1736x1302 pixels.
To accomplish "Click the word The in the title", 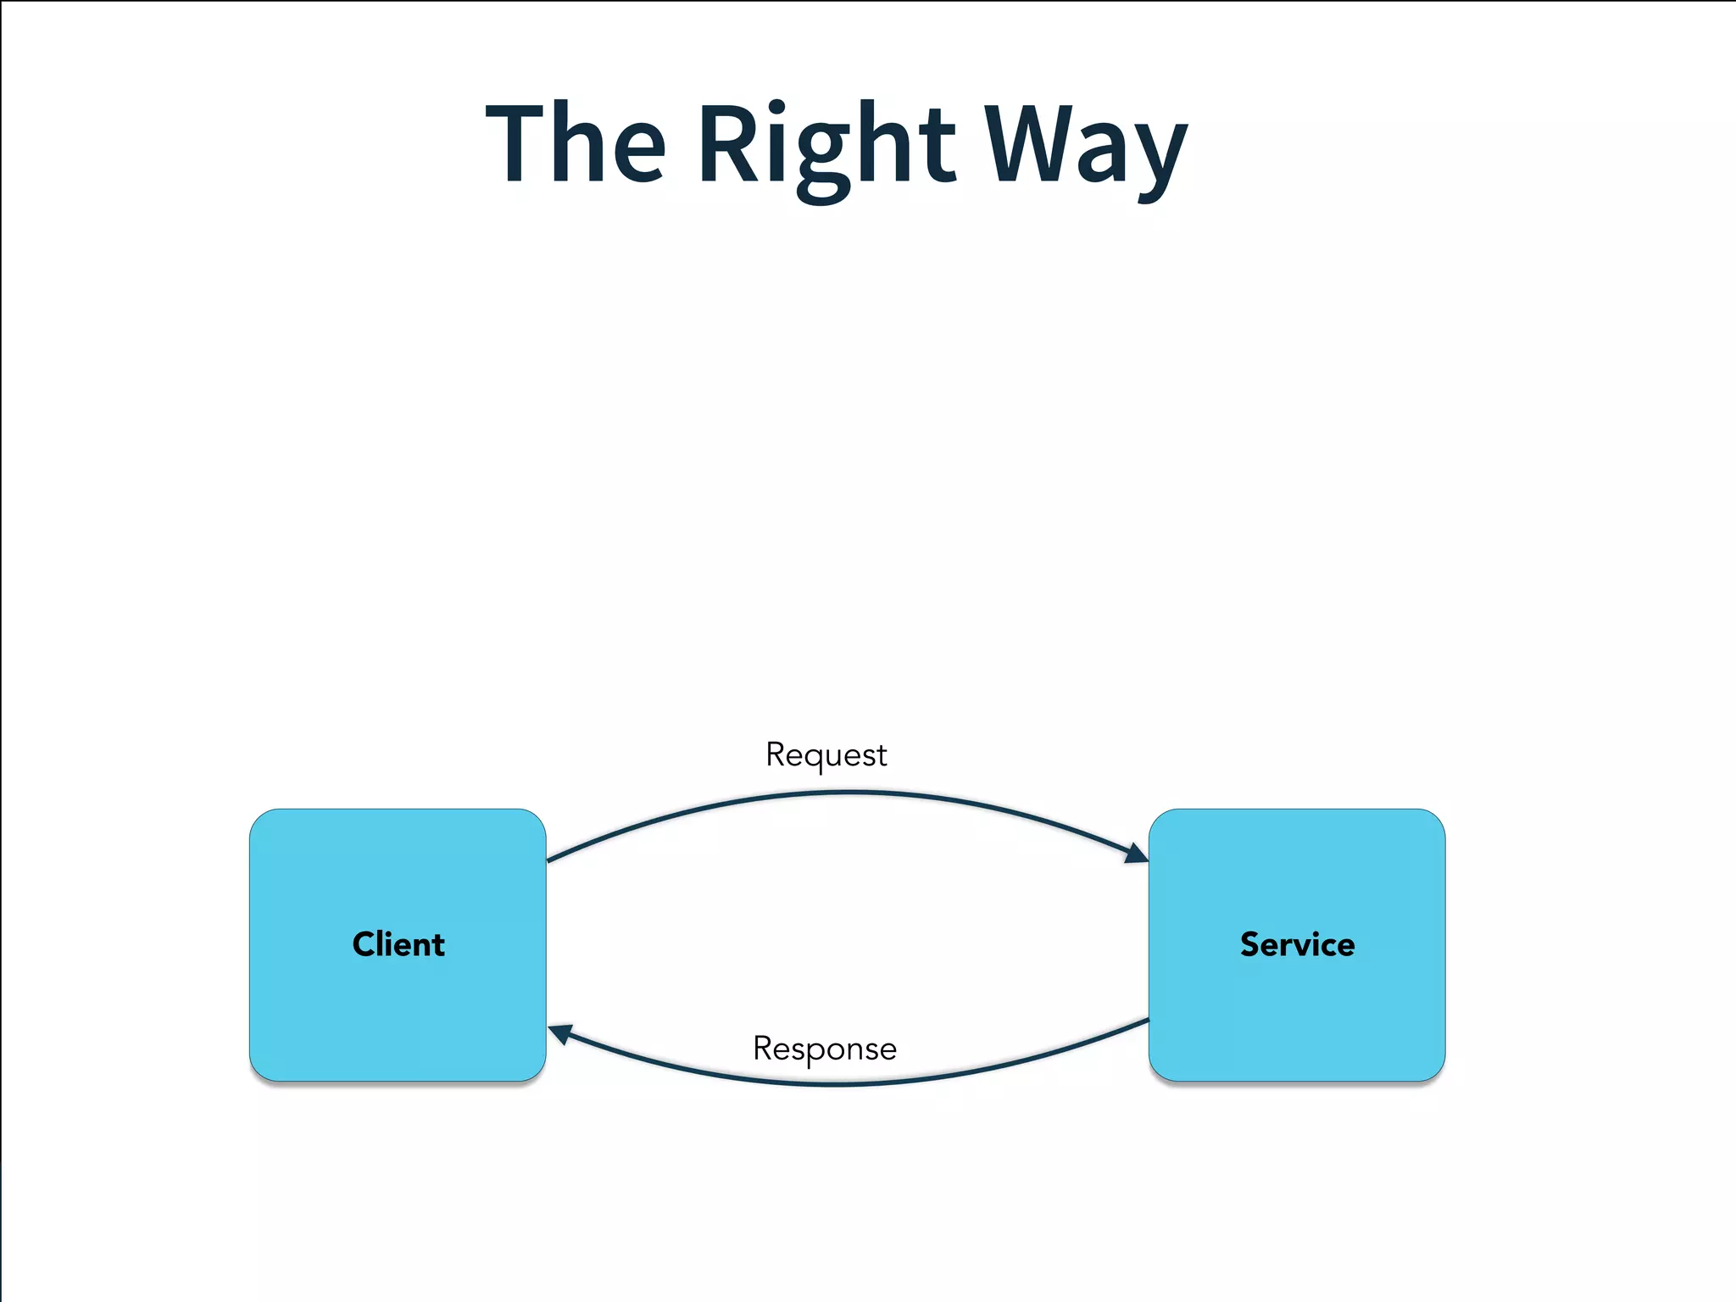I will click(576, 142).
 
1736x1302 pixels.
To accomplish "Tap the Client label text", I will click(398, 944).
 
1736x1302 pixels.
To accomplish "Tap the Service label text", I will click(1297, 944).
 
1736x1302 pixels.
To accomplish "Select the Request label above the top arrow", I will click(826, 754).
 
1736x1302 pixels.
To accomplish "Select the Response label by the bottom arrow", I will click(824, 1049).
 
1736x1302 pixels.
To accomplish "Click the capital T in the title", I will click(515, 142).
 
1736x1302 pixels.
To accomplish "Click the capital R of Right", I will click(727, 142).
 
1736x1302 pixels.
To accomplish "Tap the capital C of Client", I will click(364, 944).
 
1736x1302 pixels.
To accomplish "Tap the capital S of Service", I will click(1251, 944).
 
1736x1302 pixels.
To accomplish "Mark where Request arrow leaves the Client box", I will click(548, 860).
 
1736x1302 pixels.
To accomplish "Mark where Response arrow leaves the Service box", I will click(1147, 1021).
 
